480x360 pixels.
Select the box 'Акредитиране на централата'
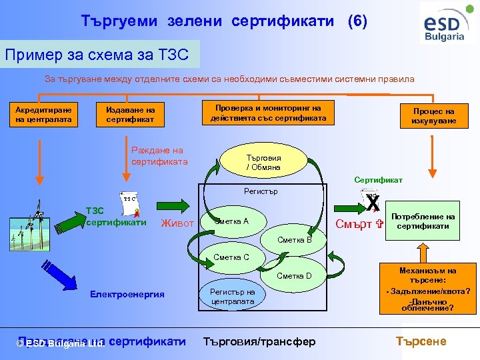coord(44,115)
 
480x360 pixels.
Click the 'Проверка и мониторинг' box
coord(268,113)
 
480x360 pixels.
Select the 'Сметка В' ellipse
coord(295,239)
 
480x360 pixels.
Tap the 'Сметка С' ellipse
coord(231,257)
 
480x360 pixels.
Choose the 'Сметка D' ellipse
coord(294,275)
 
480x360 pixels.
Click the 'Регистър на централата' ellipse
coord(232,296)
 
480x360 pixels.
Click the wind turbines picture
coord(33,225)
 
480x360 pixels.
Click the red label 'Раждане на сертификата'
coord(157,156)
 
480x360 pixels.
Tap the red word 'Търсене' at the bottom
coord(421,341)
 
